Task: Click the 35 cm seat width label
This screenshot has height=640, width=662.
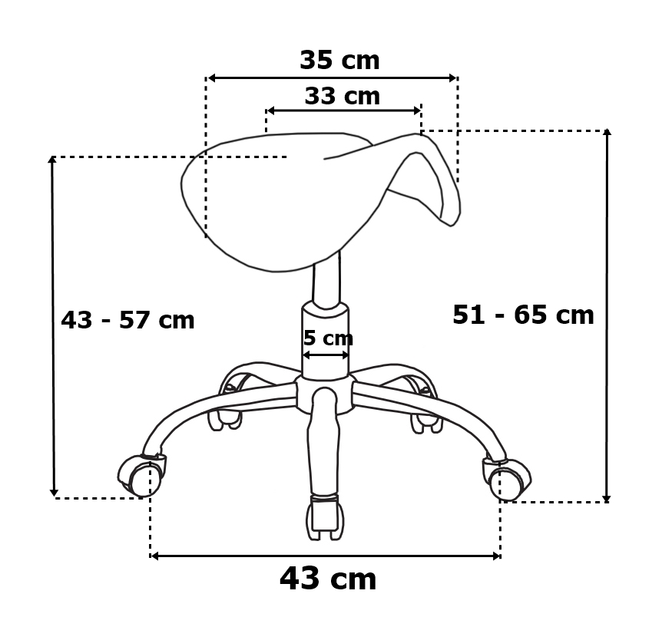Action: (339, 60)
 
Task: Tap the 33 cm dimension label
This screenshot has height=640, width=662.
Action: (342, 96)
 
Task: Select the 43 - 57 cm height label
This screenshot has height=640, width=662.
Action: (127, 320)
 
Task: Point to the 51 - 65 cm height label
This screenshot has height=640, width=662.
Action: (523, 315)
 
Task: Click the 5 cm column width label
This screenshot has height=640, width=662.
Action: (328, 338)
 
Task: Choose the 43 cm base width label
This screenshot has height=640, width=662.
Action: (328, 579)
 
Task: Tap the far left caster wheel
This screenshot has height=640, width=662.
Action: (141, 476)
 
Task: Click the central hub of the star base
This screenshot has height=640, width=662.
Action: (324, 394)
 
